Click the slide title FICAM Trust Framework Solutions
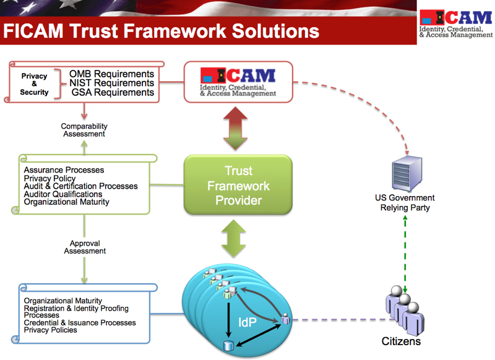161,30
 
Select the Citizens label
401,341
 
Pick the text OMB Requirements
111,74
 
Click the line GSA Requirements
112,92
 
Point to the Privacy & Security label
34,84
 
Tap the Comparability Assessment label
84,130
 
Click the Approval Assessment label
85,247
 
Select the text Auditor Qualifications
63,194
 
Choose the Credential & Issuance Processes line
80,322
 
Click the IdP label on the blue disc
249,322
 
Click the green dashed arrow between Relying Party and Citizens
405,254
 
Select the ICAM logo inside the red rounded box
238,81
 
